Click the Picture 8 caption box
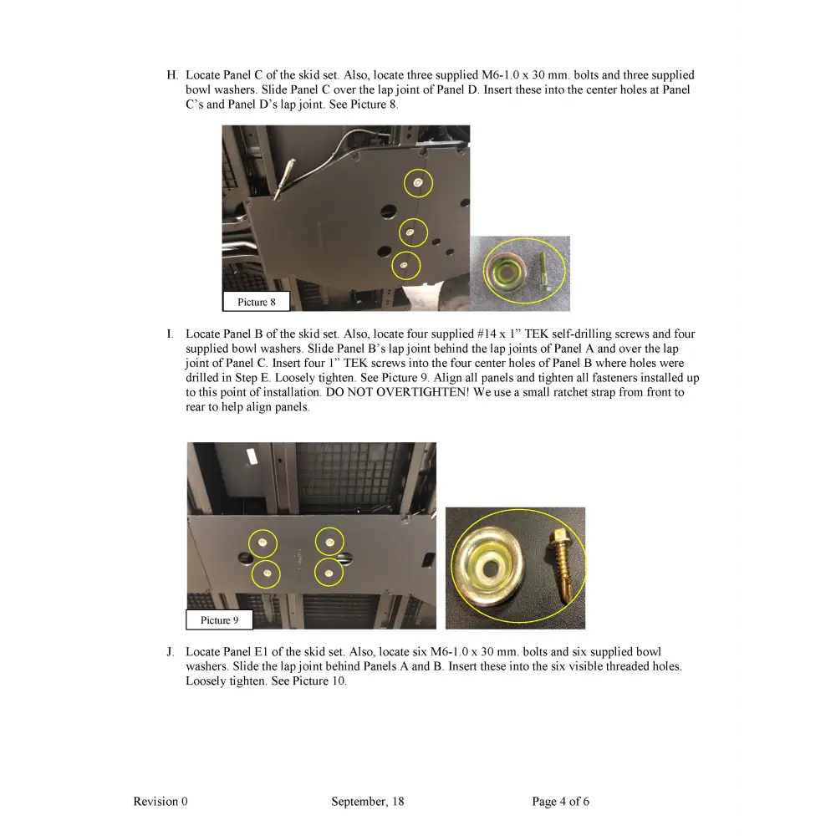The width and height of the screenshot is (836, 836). pos(256,302)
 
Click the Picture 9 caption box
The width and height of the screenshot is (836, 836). pos(219,619)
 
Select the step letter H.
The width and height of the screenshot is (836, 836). pos(172,75)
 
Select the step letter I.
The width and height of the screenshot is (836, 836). pos(170,334)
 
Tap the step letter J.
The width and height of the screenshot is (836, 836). pos(171,652)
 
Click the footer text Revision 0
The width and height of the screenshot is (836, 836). pos(161,801)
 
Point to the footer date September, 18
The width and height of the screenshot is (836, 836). pos(367,801)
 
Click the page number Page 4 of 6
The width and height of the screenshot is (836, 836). pos(560,801)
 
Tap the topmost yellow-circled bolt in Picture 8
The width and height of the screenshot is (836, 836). pos(418,182)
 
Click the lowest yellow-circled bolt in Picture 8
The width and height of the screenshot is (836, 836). pos(405,266)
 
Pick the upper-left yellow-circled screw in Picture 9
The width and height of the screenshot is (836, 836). pos(263,543)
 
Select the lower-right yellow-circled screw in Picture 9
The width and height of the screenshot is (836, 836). pos(329,573)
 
